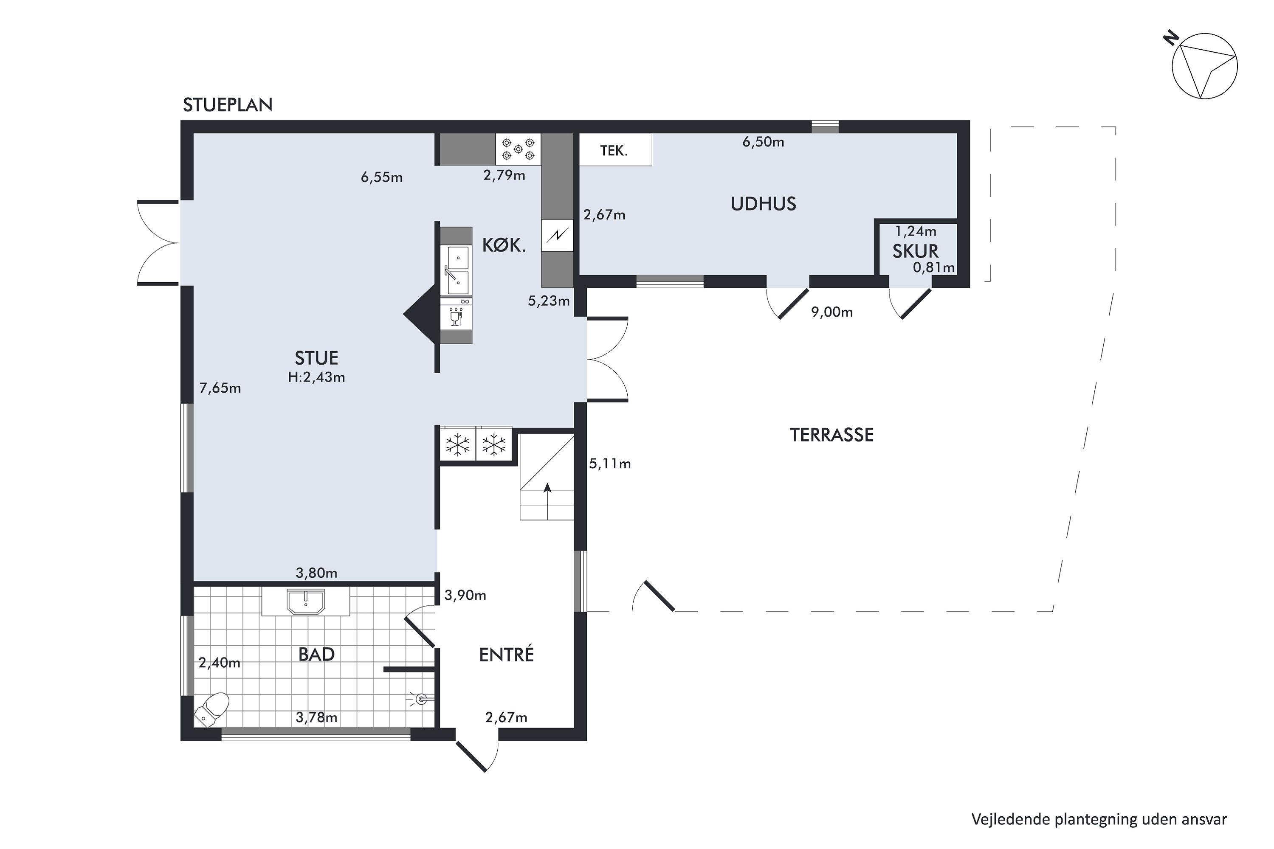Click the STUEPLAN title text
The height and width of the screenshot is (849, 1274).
pyautogui.click(x=228, y=105)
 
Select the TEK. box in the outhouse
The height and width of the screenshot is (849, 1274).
pyautogui.click(x=615, y=149)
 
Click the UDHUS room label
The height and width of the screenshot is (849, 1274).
pyautogui.click(x=763, y=204)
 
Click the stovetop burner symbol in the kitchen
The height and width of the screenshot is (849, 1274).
pyautogui.click(x=518, y=149)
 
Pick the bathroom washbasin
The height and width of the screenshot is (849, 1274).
pyautogui.click(x=305, y=602)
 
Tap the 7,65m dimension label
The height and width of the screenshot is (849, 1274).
pyautogui.click(x=220, y=388)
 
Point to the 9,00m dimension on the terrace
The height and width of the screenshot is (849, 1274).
pyautogui.click(x=831, y=312)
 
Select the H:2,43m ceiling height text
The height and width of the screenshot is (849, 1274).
pyautogui.click(x=316, y=377)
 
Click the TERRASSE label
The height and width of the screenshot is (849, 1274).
pyautogui.click(x=831, y=435)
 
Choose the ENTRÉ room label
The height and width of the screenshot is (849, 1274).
pyautogui.click(x=507, y=655)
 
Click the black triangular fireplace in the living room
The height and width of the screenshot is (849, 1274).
pyautogui.click(x=420, y=314)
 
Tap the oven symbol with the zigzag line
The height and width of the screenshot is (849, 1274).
pyautogui.click(x=557, y=235)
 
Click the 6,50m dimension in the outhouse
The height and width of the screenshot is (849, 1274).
pyautogui.click(x=763, y=142)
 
